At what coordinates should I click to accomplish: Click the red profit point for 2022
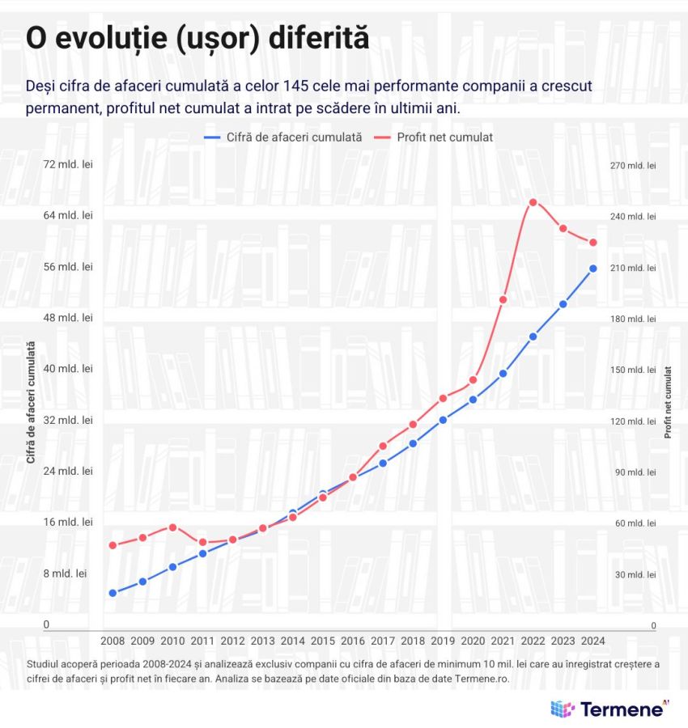533,202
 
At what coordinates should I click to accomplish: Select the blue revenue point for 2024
592,269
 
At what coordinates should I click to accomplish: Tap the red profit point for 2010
172,527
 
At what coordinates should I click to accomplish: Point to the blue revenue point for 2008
113,593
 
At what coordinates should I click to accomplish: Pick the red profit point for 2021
503,300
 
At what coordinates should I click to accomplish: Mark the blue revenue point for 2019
443,420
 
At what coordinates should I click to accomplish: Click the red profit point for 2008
113,545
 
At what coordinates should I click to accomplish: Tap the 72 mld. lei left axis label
68,164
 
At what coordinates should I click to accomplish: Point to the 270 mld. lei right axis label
633,165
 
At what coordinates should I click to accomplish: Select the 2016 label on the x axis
353,640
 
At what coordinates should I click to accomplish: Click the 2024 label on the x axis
592,640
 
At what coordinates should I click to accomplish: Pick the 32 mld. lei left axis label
68,420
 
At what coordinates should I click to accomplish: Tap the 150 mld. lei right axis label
633,370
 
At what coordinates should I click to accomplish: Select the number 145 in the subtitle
299,86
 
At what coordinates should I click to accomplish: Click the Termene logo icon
563,709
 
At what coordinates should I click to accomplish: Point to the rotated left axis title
31,402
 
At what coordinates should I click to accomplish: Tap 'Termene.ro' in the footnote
480,679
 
